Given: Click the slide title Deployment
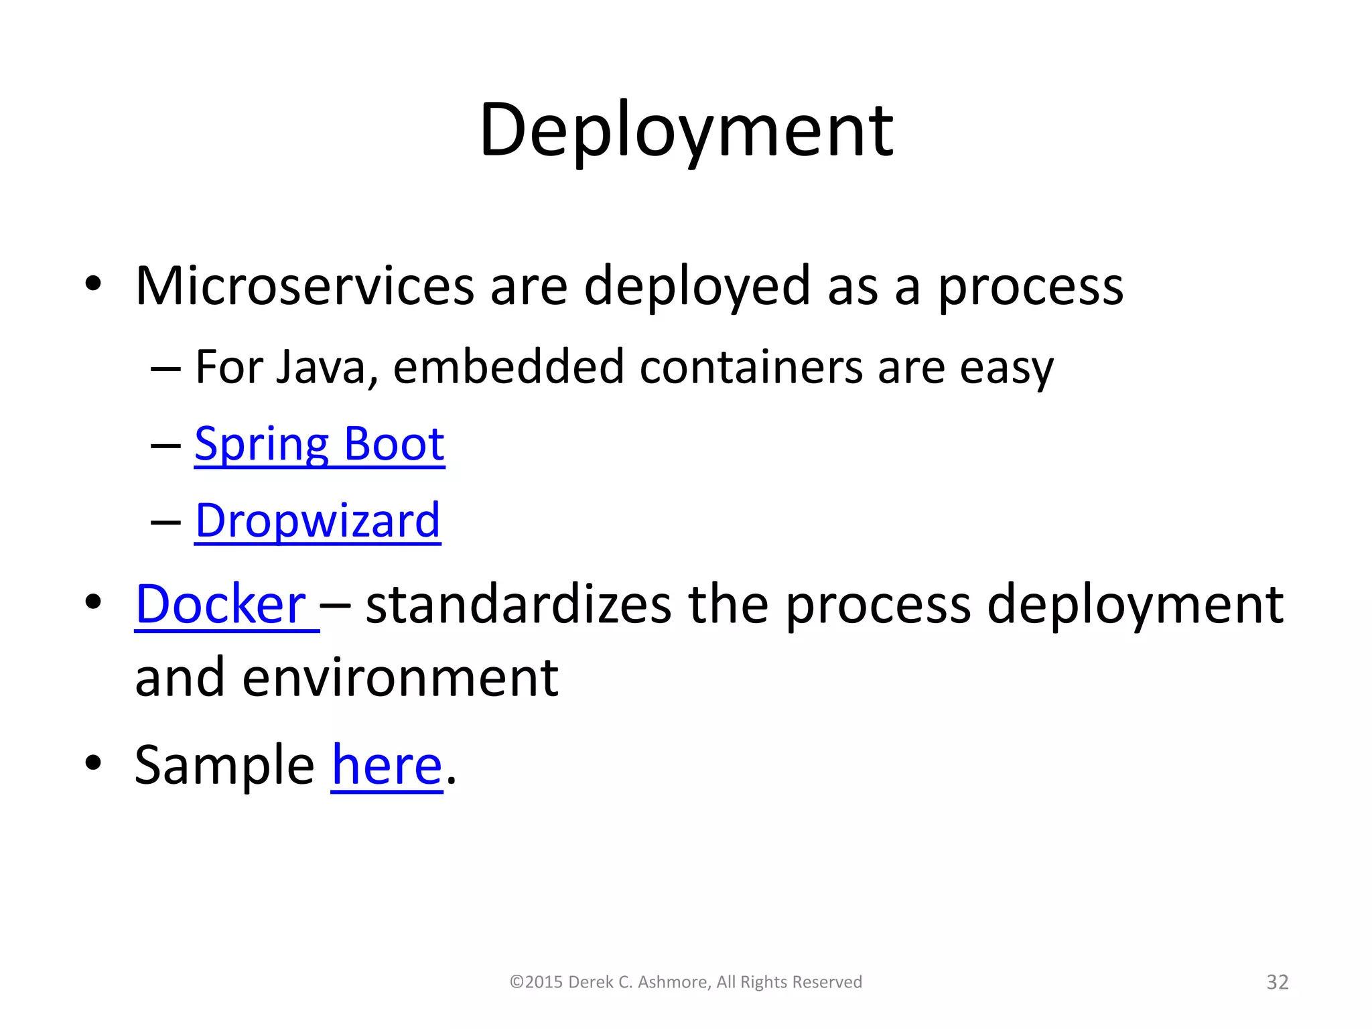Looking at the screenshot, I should click(685, 131).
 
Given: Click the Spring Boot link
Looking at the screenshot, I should click(319, 444).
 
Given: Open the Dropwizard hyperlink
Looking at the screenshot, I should click(318, 521).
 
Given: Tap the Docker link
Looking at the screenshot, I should click(220, 604).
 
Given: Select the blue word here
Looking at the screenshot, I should click(387, 765).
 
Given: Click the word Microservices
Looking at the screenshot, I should click(305, 286).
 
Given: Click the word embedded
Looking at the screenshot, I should click(508, 368).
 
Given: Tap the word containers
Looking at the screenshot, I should click(750, 368).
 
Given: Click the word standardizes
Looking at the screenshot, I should click(518, 604).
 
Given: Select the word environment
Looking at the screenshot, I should click(400, 678).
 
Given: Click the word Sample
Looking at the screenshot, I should click(224, 765).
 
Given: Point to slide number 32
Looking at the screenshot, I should click(1277, 982).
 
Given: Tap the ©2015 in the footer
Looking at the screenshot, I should click(535, 982).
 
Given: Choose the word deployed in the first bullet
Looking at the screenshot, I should click(697, 287).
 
